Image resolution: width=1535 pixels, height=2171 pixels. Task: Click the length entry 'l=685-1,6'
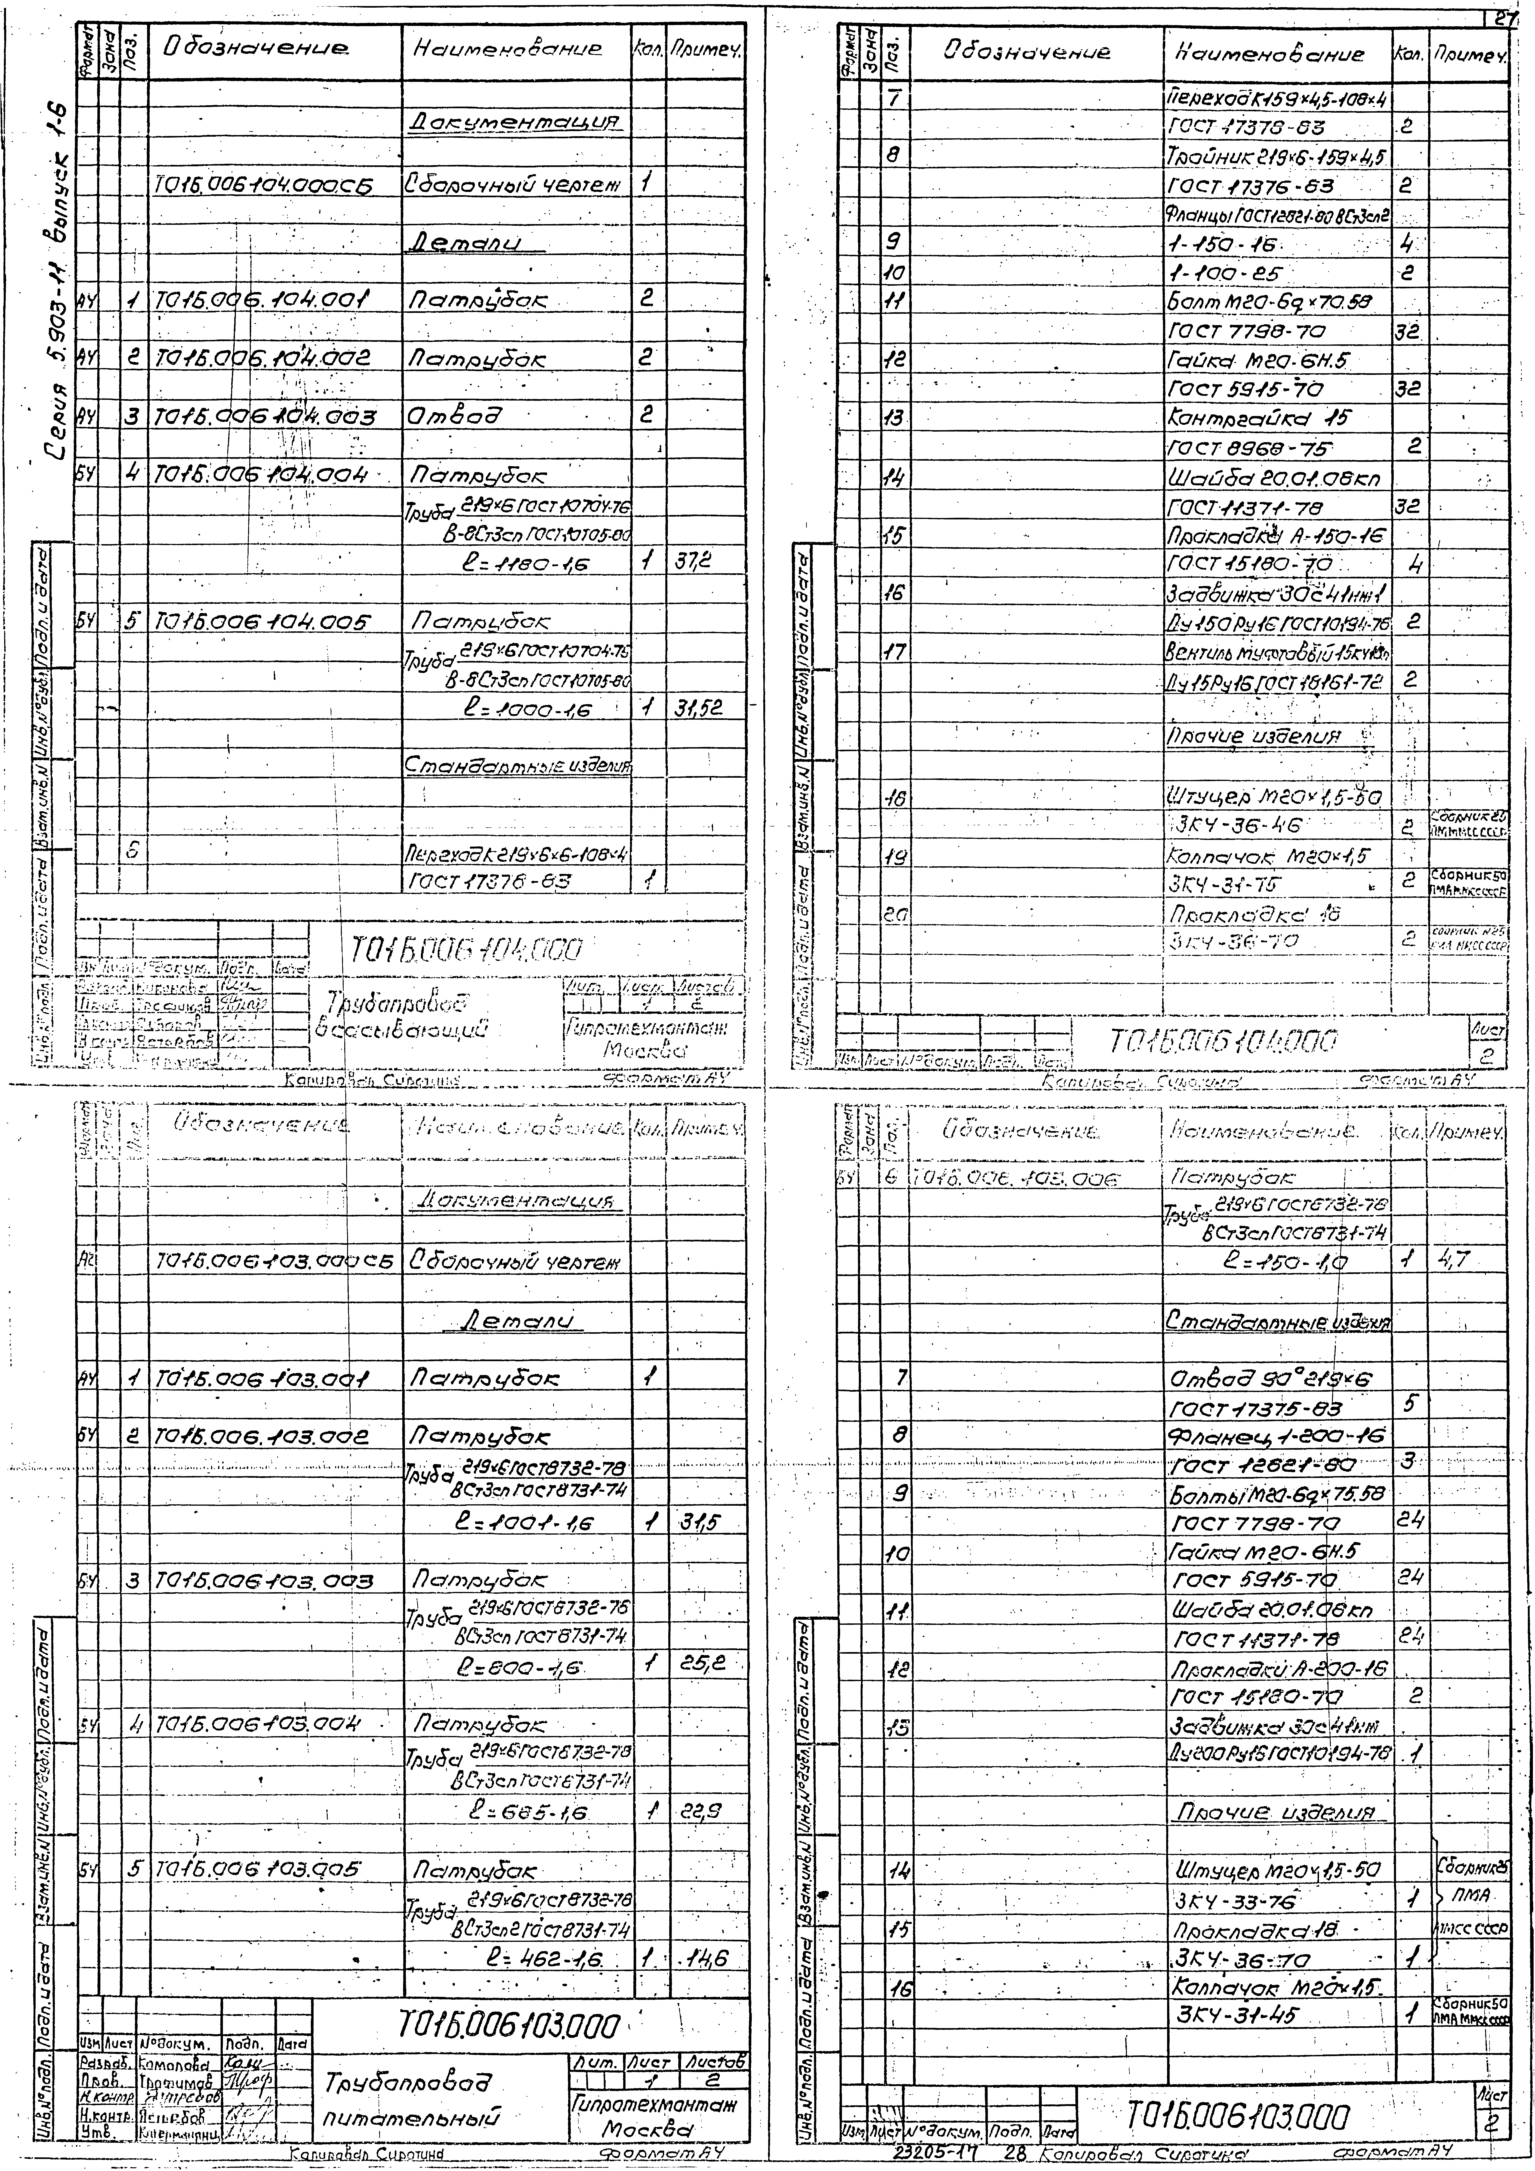coord(530,1812)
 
